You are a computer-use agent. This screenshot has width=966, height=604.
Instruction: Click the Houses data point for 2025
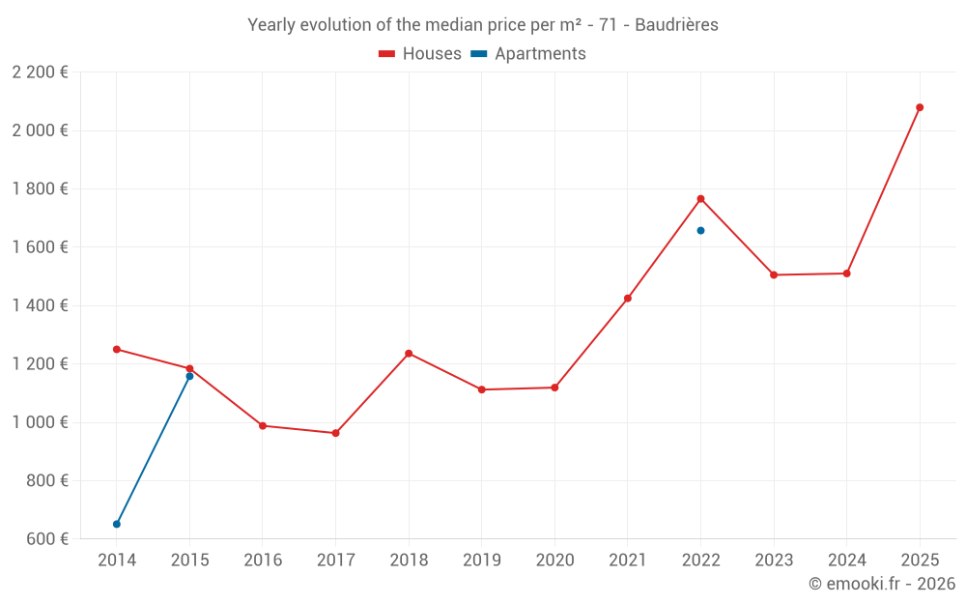[x=920, y=107]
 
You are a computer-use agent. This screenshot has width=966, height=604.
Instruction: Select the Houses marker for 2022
[x=700, y=199]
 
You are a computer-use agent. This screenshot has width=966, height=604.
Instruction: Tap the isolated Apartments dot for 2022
[x=700, y=230]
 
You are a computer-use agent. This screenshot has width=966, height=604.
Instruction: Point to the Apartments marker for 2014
[x=116, y=524]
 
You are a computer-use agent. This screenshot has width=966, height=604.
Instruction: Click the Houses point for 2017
[x=335, y=433]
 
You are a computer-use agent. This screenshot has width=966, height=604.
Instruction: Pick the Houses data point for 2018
[x=409, y=354]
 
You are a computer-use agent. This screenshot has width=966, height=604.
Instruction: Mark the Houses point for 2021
[x=628, y=299]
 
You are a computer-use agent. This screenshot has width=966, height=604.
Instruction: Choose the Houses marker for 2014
[x=116, y=349]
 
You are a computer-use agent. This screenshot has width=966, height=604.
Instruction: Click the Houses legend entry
[x=420, y=54]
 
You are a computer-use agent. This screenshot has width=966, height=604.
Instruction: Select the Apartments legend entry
[x=528, y=54]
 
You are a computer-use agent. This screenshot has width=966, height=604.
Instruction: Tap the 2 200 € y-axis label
[x=40, y=72]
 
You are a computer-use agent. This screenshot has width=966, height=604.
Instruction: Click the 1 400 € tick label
[x=40, y=305]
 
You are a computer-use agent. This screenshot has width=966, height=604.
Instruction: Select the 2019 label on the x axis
[x=482, y=561]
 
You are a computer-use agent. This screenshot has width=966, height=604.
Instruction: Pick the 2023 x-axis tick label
[x=774, y=561]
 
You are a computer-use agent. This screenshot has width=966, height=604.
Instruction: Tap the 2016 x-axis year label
[x=263, y=561]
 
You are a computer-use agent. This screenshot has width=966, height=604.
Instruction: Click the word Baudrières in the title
[x=676, y=25]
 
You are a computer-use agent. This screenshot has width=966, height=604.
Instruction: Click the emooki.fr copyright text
[x=882, y=584]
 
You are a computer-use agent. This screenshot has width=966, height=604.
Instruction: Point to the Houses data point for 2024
[x=846, y=273]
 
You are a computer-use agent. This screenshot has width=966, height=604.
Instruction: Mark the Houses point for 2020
[x=554, y=388]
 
